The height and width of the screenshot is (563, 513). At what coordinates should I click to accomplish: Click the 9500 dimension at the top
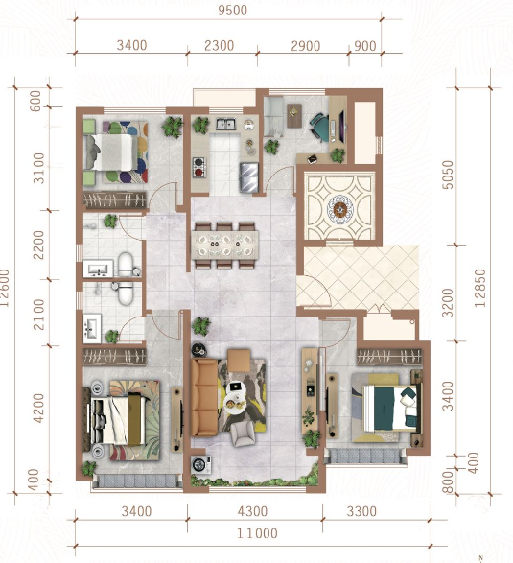(x=233, y=11)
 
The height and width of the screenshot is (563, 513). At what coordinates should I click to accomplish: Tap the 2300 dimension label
(x=219, y=46)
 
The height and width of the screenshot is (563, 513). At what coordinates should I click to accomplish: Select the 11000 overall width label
(x=257, y=533)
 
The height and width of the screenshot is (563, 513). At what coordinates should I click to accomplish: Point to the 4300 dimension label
(x=252, y=511)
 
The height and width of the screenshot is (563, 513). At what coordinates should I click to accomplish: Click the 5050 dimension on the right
(x=448, y=175)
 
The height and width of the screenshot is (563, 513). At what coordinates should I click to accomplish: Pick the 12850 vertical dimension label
(x=480, y=288)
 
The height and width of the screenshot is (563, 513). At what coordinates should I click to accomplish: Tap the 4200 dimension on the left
(x=38, y=409)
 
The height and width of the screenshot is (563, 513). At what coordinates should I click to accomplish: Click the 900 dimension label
(x=365, y=46)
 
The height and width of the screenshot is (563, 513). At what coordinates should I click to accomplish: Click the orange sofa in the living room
(x=204, y=397)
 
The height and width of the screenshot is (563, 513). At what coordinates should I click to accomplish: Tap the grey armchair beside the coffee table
(x=243, y=434)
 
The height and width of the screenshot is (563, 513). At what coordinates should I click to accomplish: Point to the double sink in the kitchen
(x=225, y=124)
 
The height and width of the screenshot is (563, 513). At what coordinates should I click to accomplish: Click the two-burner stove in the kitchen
(x=198, y=167)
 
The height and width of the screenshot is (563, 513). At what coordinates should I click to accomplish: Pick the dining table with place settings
(x=224, y=246)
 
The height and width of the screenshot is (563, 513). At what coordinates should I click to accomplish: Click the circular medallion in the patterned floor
(x=339, y=209)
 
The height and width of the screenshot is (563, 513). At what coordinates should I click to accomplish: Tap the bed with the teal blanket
(x=390, y=408)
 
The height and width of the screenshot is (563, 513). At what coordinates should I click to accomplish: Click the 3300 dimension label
(x=361, y=511)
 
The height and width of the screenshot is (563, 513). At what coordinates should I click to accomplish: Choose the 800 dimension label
(x=448, y=481)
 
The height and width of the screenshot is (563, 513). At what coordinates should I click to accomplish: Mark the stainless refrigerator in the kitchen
(x=249, y=177)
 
